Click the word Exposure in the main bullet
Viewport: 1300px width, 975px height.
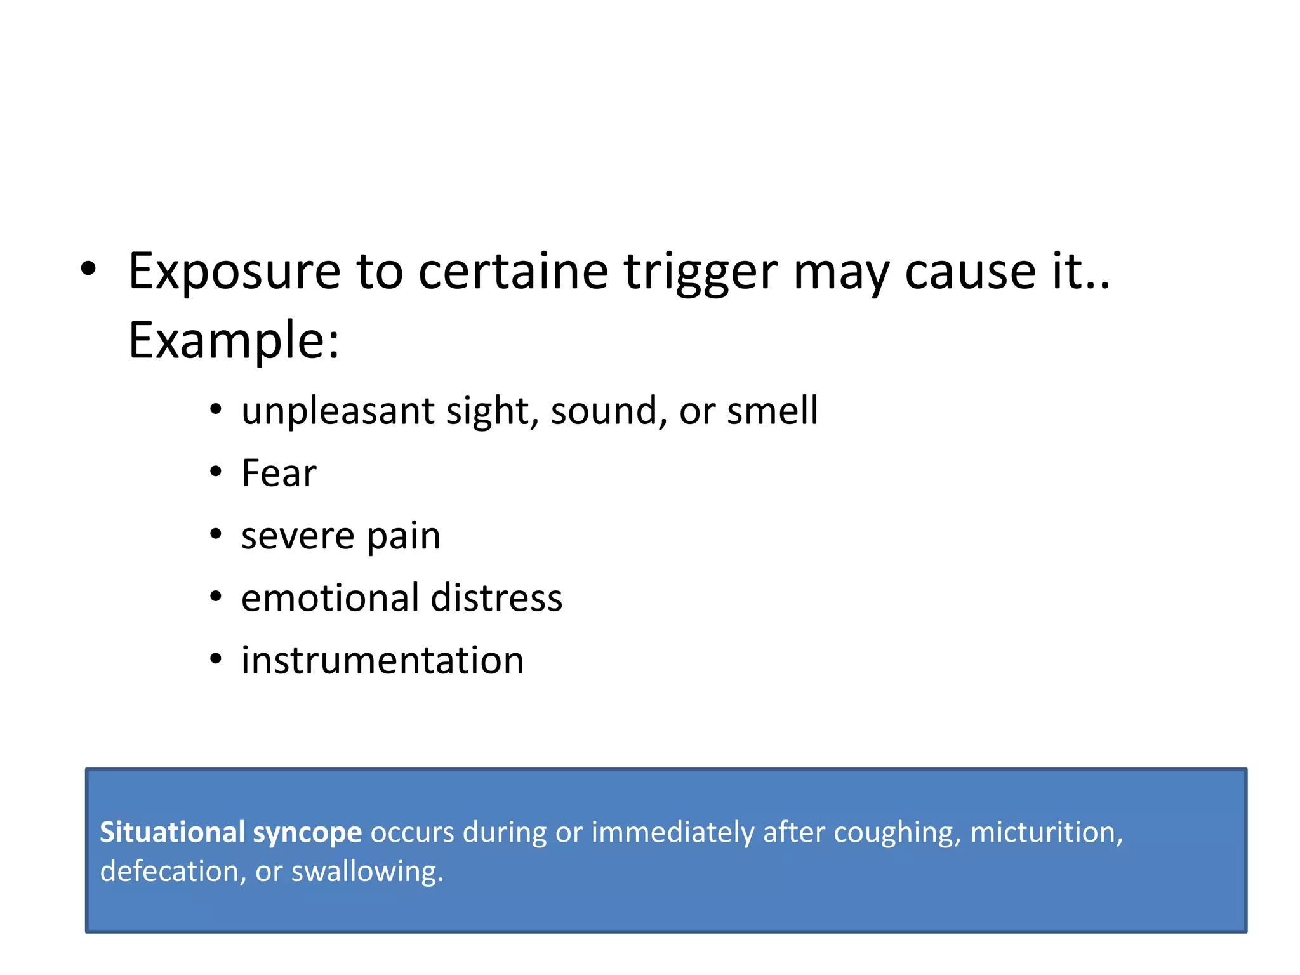[234, 272]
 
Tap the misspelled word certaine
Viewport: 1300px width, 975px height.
[513, 272]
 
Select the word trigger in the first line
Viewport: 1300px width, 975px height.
[700, 272]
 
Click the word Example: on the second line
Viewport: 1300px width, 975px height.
[234, 341]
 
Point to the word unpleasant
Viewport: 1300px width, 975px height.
[337, 411]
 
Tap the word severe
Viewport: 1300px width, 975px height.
[297, 536]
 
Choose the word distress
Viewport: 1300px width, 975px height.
[496, 598]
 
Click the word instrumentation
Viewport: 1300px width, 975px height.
[382, 660]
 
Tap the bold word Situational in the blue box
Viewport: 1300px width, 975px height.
[172, 832]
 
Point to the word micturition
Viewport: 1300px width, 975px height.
[1046, 832]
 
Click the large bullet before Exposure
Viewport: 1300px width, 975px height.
[89, 269]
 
